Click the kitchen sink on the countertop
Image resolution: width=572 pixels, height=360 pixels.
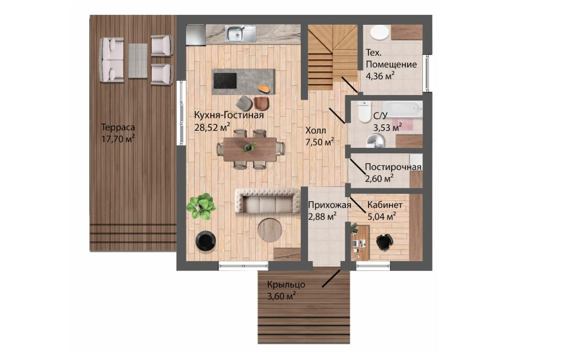(x=240, y=34)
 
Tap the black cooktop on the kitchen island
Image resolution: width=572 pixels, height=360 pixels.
(x=225, y=81)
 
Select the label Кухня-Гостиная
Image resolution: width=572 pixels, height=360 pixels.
(x=229, y=115)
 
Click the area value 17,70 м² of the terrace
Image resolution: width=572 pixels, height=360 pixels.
(x=118, y=139)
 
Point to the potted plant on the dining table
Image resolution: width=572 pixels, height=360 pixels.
(x=250, y=147)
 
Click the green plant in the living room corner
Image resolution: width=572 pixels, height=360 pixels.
(x=201, y=206)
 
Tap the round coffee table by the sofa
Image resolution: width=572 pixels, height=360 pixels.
(x=269, y=230)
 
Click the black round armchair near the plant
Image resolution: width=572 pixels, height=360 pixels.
(x=205, y=241)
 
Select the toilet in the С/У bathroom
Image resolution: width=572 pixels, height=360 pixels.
(x=364, y=112)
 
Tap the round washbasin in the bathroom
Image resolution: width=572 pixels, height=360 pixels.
(x=375, y=140)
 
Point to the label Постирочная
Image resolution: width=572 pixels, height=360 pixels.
(x=393, y=167)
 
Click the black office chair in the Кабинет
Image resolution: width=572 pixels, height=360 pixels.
(x=384, y=242)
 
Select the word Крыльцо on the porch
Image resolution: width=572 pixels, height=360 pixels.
(x=286, y=285)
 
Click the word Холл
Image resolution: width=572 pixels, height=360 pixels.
(x=316, y=130)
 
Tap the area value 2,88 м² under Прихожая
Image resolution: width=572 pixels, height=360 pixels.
(x=322, y=217)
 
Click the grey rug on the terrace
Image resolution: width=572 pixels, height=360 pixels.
(x=138, y=60)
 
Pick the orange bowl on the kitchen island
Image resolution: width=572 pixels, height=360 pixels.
(x=263, y=87)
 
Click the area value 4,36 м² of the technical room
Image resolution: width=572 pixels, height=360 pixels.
(x=380, y=76)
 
